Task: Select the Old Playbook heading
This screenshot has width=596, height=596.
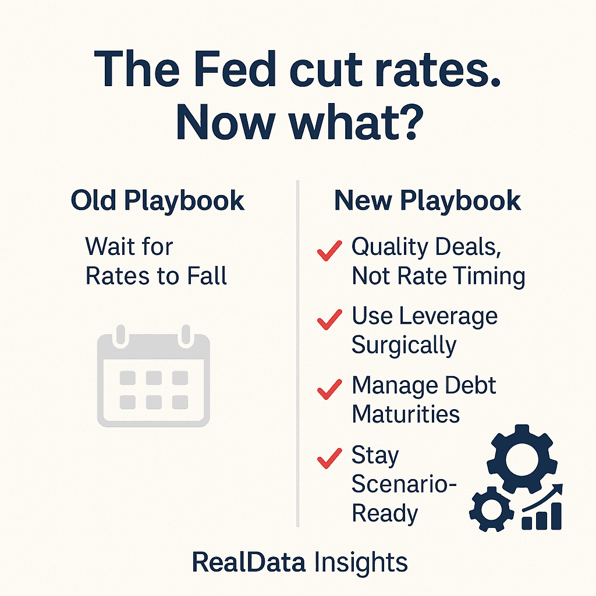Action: [x=158, y=201]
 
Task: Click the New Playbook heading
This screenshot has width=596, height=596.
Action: [x=427, y=201]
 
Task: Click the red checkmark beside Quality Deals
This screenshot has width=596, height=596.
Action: [x=329, y=251]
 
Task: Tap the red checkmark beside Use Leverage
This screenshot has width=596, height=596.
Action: [x=329, y=320]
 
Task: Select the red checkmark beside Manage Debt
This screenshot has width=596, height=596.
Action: [x=329, y=388]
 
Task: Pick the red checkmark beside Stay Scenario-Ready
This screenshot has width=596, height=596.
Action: [x=329, y=458]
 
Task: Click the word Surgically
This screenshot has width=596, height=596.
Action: [x=404, y=345]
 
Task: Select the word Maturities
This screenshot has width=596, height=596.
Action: [x=406, y=414]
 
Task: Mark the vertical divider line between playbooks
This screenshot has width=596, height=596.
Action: [x=298, y=349]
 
